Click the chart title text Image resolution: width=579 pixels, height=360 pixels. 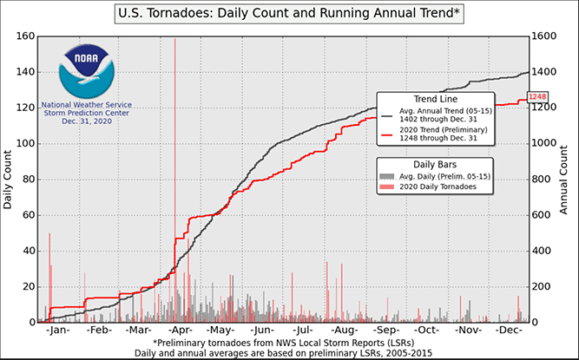pyautogui.click(x=289, y=14)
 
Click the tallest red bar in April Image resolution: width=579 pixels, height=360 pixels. pyautogui.click(x=175, y=173)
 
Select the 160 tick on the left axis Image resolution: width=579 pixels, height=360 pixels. pyautogui.click(x=23, y=36)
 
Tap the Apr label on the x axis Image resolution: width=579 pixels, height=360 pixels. pyautogui.click(x=179, y=331)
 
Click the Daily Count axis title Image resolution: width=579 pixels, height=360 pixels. pyautogui.click(x=8, y=180)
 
